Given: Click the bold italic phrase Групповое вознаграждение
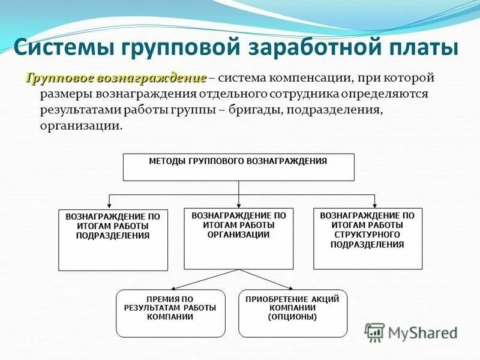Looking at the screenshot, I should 116,79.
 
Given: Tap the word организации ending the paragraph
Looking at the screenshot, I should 81,126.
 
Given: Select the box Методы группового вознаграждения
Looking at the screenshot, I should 238,167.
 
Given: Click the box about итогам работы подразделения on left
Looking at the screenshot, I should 113,239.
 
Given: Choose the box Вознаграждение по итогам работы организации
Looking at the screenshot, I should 238,238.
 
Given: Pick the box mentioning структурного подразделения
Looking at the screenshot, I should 367,238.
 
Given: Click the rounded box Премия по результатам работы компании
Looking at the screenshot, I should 170,313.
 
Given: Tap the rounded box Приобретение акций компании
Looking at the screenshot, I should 293,313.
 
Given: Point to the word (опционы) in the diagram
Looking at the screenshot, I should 293,317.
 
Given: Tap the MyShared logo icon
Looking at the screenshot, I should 375,332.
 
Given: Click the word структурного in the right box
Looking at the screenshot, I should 367,235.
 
